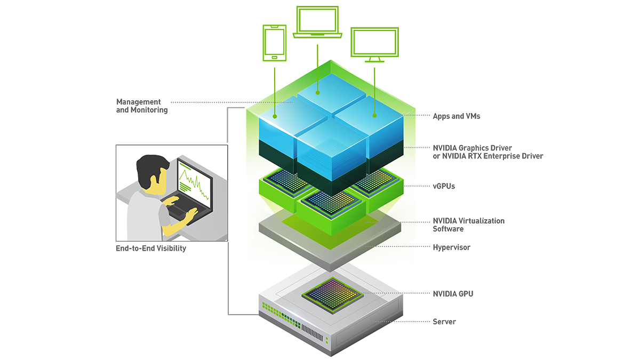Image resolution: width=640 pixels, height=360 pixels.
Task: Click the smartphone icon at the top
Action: pyautogui.click(x=275, y=43)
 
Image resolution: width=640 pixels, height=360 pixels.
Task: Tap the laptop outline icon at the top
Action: pyautogui.click(x=317, y=22)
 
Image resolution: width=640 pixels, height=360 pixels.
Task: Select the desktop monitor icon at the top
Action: pyautogui.click(x=374, y=43)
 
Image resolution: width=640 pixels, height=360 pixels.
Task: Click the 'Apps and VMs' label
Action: pyautogui.click(x=457, y=116)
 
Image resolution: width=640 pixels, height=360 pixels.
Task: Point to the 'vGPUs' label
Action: pyautogui.click(x=444, y=186)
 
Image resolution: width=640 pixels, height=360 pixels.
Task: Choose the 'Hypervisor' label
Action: pyautogui.click(x=451, y=247)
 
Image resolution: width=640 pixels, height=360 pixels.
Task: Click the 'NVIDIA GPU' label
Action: pyautogui.click(x=453, y=293)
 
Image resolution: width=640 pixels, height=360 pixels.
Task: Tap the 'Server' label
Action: pyautogui.click(x=444, y=322)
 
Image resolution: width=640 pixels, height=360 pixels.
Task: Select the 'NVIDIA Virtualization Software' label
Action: pyautogui.click(x=468, y=225)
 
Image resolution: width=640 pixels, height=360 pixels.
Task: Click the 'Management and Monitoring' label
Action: pyautogui.click(x=142, y=106)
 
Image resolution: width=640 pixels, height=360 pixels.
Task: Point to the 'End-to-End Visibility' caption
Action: pyautogui.click(x=151, y=248)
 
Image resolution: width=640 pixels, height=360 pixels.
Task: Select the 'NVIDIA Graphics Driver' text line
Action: pyautogui.click(x=473, y=148)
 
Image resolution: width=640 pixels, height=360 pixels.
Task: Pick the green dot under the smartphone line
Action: pyautogui.click(x=275, y=115)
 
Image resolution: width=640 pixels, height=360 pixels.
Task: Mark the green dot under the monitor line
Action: pyautogui.click(x=374, y=115)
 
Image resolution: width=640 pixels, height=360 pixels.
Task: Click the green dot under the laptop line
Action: pyautogui.click(x=317, y=92)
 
